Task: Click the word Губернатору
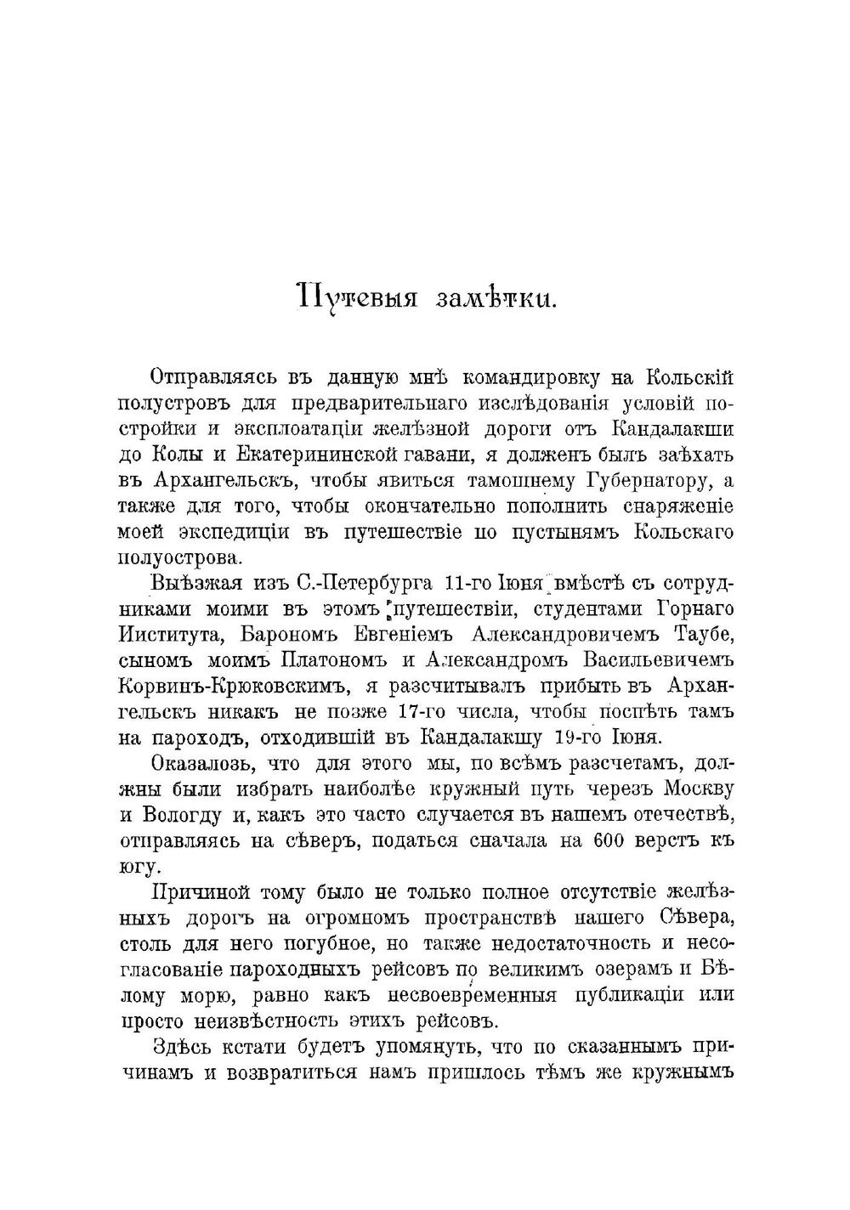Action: (649, 481)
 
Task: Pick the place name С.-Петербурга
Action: (365, 584)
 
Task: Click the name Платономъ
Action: (331, 660)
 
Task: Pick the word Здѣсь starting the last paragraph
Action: (180, 1047)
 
